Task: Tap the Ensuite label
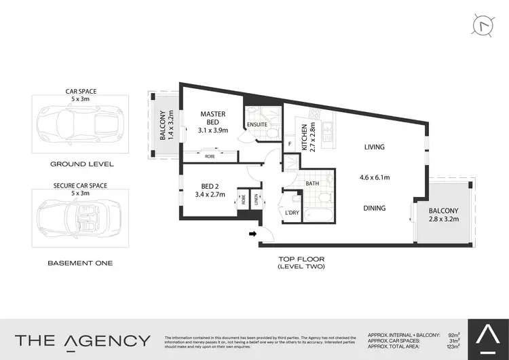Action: [x=257, y=124]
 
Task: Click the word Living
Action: [x=374, y=147]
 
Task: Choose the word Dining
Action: [x=374, y=209]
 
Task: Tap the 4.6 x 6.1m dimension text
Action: [x=374, y=178]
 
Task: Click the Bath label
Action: [x=312, y=183]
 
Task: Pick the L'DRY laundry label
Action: [x=291, y=213]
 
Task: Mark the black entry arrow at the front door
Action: [x=253, y=234]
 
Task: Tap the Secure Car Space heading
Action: [x=80, y=185]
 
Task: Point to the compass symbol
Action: [x=483, y=25]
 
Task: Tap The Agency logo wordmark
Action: [x=83, y=340]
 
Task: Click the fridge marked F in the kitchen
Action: [x=290, y=144]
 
